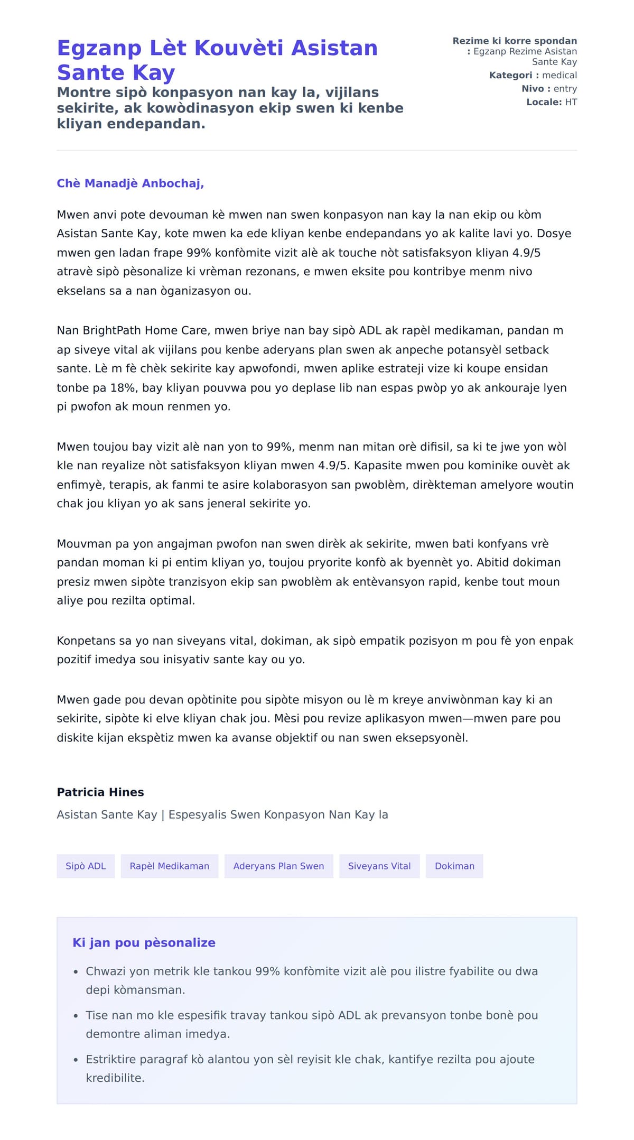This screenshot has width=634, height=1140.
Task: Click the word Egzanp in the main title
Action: coord(99,48)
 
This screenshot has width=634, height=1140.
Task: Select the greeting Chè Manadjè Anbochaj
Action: coord(130,183)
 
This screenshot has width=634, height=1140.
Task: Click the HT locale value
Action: coord(571,102)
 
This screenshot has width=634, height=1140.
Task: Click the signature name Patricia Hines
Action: coord(100,792)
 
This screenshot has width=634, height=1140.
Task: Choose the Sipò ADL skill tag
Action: coord(86,866)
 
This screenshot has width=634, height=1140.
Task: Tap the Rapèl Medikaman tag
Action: coord(169,866)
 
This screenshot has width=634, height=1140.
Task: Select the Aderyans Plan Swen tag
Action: coord(278,866)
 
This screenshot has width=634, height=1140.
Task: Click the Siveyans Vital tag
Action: coord(379,866)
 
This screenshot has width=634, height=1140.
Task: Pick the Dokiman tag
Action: coord(454,866)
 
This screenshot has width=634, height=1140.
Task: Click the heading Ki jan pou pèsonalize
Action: coord(144,943)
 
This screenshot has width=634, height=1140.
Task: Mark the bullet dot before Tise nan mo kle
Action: coord(76,1016)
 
